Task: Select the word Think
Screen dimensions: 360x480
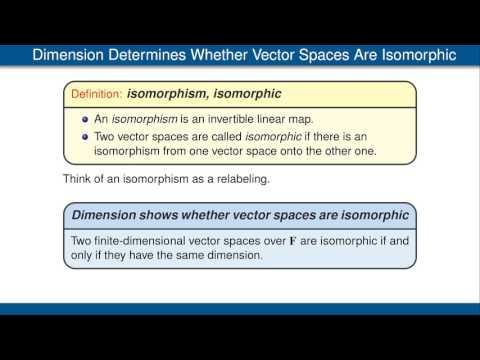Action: point(80,181)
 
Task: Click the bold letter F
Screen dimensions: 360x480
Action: point(292,239)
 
